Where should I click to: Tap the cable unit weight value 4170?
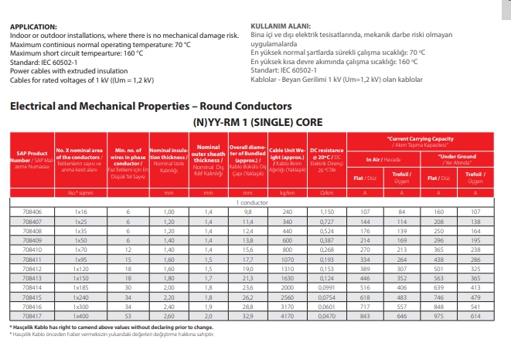click(288, 316)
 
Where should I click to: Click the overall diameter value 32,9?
click(248, 316)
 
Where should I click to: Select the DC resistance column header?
click(325, 157)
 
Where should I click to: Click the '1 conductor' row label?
click(252, 202)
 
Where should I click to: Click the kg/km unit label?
click(288, 192)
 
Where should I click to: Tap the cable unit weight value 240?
click(288, 211)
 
